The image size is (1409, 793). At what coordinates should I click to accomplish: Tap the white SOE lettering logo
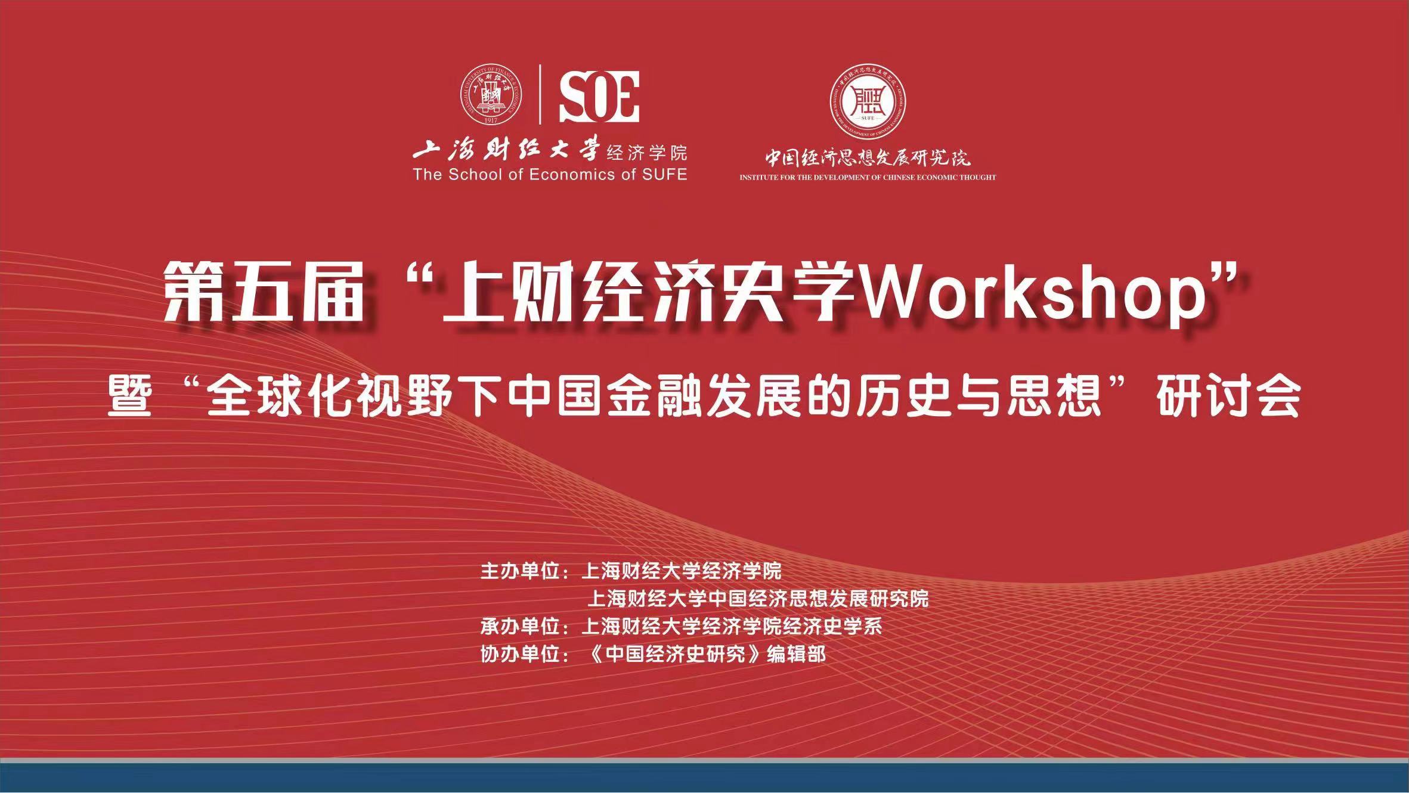599,97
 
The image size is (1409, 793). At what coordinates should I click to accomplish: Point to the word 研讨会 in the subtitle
1228,396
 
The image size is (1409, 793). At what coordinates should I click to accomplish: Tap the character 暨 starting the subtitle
129,396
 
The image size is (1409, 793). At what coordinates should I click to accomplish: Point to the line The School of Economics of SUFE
550,175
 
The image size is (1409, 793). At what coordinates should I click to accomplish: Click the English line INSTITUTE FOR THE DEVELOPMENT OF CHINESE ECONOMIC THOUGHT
868,177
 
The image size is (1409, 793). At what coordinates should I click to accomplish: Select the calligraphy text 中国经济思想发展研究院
868,157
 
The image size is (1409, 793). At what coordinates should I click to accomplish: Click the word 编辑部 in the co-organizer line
797,654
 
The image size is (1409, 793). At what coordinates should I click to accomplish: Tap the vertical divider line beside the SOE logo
540,94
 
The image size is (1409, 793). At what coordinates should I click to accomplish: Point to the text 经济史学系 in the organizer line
832,627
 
